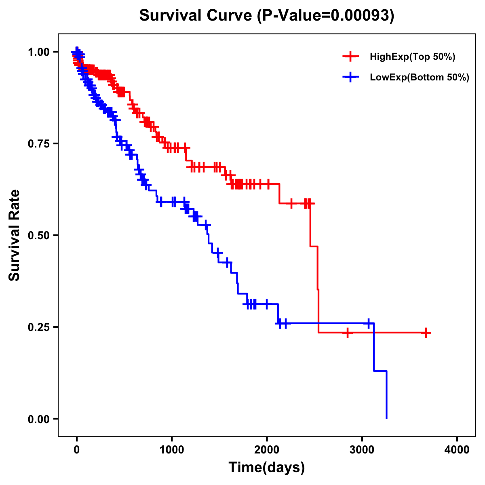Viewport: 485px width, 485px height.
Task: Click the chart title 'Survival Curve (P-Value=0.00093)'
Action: (x=267, y=15)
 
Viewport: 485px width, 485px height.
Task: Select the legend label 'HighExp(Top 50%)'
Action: (x=412, y=57)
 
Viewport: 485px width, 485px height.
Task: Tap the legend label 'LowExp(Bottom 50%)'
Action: (x=420, y=77)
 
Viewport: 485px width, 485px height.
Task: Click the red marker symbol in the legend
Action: (x=350, y=57)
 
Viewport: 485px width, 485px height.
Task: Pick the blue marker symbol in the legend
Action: (x=350, y=77)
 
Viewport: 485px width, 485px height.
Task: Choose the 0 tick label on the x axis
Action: (x=77, y=450)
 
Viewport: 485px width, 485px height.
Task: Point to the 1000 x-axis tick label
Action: (x=172, y=450)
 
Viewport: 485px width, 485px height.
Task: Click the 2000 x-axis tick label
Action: (x=267, y=450)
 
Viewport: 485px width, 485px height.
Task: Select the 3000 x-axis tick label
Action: (x=362, y=450)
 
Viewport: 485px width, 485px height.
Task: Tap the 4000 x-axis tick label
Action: (x=457, y=450)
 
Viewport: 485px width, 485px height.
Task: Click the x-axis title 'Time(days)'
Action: (x=267, y=468)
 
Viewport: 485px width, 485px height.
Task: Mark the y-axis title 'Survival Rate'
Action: (x=15, y=235)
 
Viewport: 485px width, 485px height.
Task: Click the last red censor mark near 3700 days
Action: (x=426, y=333)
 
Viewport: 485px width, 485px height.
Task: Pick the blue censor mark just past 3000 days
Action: (x=368, y=323)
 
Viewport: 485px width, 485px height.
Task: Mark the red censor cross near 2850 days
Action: (x=348, y=333)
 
